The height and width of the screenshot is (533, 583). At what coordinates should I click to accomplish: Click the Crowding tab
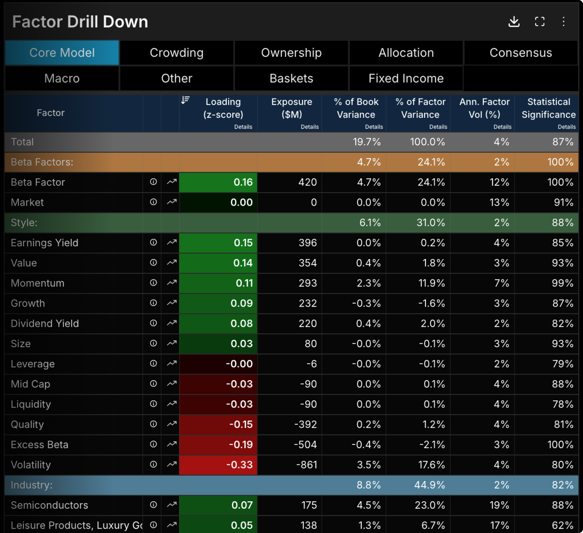(177, 53)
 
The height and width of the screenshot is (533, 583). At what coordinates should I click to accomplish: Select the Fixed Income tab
(406, 79)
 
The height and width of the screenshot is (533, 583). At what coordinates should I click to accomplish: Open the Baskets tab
(291, 79)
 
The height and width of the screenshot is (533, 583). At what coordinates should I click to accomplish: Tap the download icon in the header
(514, 22)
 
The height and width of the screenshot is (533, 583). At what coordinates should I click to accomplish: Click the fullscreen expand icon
(539, 22)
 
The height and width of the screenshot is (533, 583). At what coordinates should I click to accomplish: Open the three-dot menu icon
(563, 21)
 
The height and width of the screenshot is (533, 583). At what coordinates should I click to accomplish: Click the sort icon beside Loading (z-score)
(185, 100)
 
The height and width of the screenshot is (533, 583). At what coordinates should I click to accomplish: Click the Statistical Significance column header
(549, 108)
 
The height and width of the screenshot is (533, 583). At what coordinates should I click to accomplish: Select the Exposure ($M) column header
(292, 108)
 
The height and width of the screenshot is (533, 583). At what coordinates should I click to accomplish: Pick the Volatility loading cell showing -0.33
(218, 465)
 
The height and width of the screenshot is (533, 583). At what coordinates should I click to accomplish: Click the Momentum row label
(38, 283)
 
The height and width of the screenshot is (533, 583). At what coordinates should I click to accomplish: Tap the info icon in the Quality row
(153, 424)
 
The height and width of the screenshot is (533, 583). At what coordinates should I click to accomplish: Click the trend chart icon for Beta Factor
(172, 182)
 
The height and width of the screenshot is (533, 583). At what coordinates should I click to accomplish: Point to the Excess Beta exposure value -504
(305, 445)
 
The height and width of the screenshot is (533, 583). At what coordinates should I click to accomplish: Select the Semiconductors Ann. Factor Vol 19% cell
(499, 505)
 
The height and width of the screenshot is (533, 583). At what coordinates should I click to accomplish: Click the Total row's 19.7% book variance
(367, 142)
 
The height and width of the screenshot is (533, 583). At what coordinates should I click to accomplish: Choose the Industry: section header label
(32, 485)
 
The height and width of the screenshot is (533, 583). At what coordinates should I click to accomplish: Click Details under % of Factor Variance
(438, 127)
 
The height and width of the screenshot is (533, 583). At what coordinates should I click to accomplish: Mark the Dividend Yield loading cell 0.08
(218, 324)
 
